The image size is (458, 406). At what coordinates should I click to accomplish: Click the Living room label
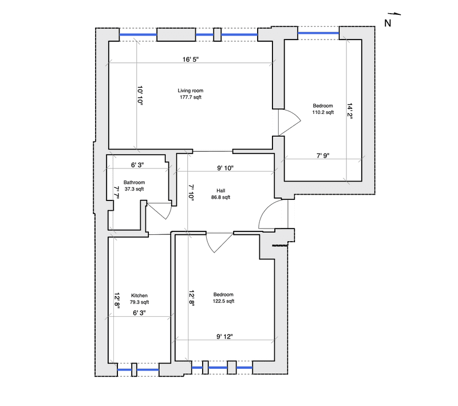tap(191, 90)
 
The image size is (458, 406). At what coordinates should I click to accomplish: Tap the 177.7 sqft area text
tap(191, 97)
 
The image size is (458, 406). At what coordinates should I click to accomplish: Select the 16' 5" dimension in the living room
tap(191, 60)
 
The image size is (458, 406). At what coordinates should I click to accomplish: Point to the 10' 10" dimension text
tap(140, 96)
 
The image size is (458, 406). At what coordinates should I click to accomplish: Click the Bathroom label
tap(134, 182)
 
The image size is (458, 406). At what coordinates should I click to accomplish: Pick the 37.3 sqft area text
tap(134, 189)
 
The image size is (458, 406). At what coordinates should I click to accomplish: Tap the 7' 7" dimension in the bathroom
tap(117, 192)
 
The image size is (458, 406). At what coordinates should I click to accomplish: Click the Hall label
tap(221, 191)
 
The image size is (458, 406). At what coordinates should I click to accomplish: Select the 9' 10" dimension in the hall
tap(225, 168)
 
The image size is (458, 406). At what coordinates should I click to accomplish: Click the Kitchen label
tap(139, 295)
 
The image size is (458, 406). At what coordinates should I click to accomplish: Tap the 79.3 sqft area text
tap(139, 302)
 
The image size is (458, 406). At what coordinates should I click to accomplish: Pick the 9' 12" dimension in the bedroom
tap(224, 337)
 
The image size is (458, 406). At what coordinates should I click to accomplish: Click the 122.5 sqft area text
tap(223, 301)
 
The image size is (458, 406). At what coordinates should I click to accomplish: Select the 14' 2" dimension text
tap(350, 111)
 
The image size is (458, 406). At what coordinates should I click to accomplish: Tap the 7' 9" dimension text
tap(323, 156)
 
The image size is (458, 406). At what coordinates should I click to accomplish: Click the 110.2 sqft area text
tap(323, 112)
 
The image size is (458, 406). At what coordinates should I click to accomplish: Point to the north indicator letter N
tap(388, 23)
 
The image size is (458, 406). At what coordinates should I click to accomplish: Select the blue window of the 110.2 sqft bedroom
tap(318, 33)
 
